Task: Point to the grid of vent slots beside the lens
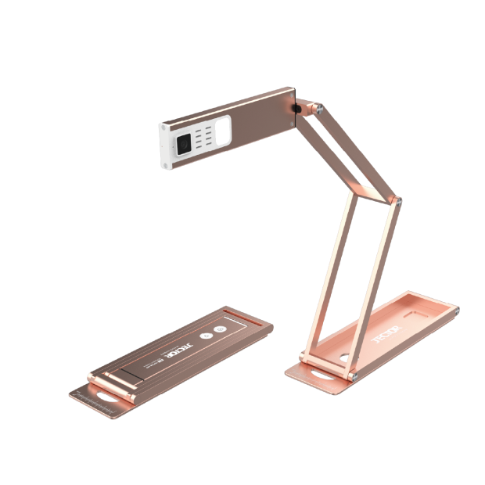(x=204, y=141)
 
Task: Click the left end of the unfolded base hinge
(x=303, y=357)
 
